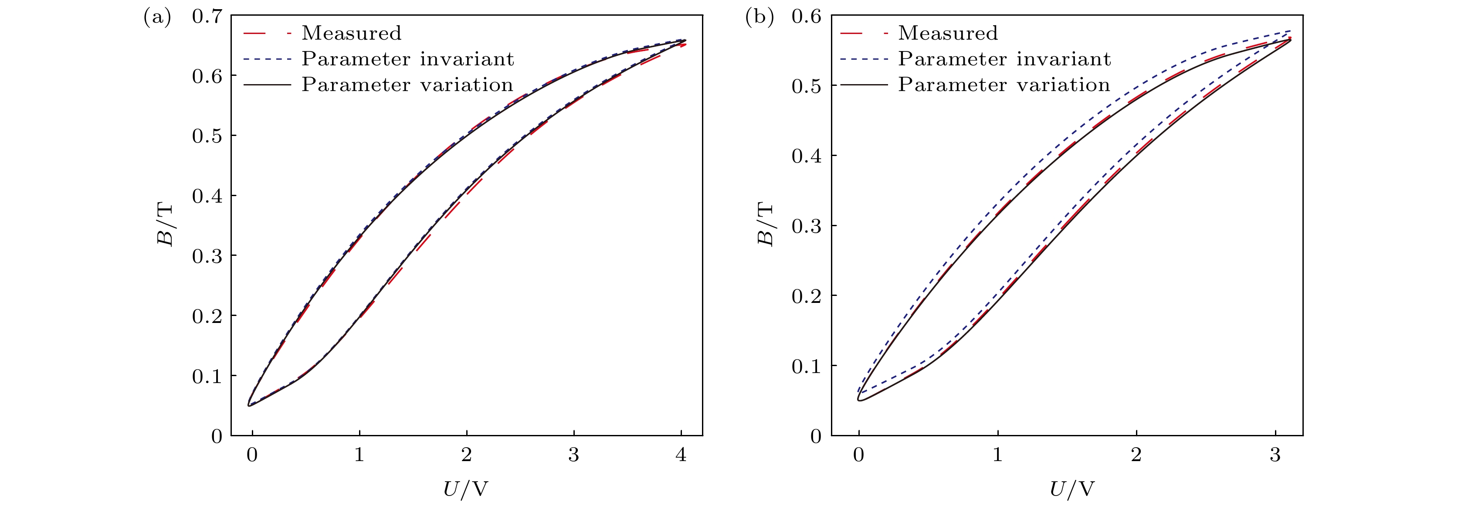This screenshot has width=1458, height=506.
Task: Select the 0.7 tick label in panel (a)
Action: coord(207,17)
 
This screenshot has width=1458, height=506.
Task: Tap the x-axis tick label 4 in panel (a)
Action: coord(681,455)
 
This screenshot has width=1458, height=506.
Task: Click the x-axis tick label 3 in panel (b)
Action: coord(1275,455)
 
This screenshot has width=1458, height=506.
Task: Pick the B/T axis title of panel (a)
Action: coord(165,225)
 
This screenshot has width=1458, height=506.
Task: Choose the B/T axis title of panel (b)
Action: coord(765,225)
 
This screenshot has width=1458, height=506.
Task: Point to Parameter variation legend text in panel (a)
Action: coord(407,85)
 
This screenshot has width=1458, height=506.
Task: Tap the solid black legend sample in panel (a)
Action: coord(267,85)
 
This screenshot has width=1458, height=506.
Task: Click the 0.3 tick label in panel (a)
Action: coord(207,256)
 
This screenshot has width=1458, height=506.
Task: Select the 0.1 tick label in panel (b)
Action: coord(807,366)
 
